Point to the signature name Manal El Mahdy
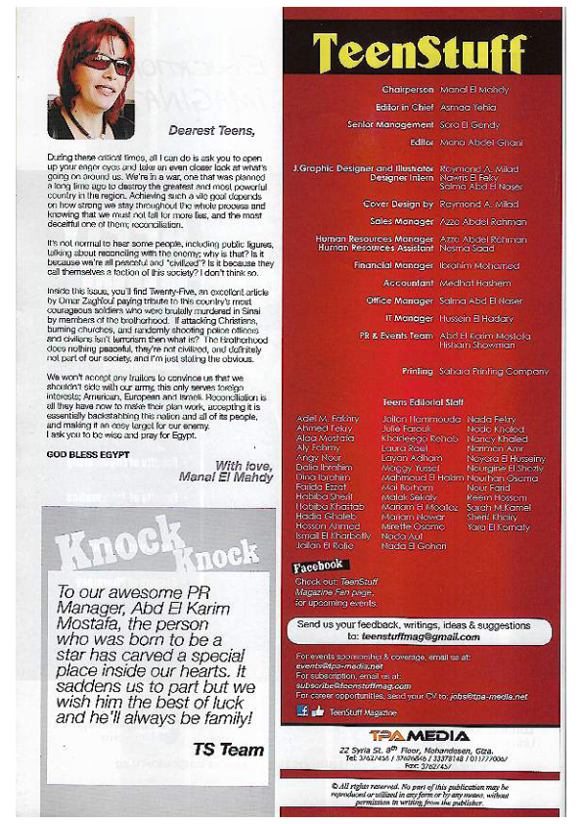pos(220,477)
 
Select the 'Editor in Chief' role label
pos(400,107)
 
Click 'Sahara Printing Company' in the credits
pos(494,372)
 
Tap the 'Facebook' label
pos(318,566)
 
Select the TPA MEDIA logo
pos(421,735)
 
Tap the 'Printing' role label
pos(417,372)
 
